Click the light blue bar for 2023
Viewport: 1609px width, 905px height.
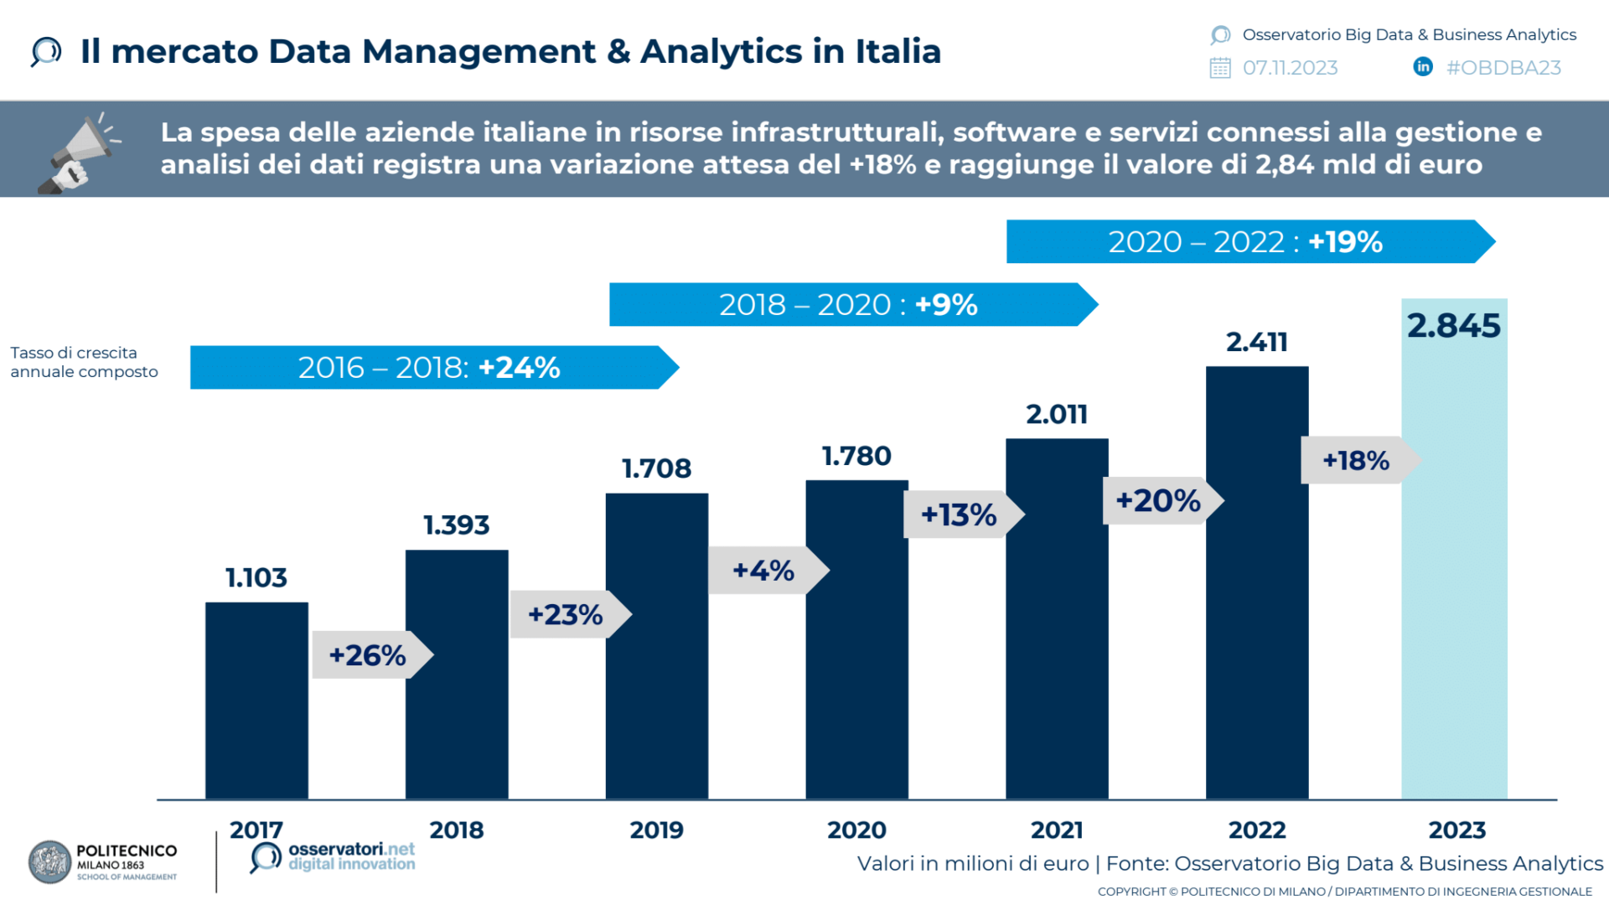(1454, 570)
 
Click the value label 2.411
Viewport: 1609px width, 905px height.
(1256, 342)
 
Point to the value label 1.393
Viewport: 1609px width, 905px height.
(456, 525)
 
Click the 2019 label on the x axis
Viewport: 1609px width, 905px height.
(656, 830)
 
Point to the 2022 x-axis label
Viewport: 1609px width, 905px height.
(1256, 830)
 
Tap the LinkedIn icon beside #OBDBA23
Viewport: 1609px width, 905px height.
(1422, 67)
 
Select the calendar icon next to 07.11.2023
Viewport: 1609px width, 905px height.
(1220, 68)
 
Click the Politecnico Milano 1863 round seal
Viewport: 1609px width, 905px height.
(50, 862)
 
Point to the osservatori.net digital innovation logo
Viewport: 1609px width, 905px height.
(333, 857)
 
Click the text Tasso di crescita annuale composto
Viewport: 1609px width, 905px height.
(84, 362)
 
